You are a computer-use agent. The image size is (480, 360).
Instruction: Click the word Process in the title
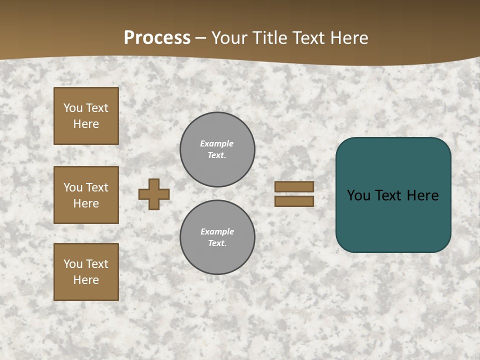click(x=157, y=37)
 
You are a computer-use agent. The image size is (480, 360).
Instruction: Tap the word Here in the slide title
click(x=348, y=37)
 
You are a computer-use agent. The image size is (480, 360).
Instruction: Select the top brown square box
click(x=86, y=116)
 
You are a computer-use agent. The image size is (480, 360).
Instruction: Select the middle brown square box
click(x=86, y=195)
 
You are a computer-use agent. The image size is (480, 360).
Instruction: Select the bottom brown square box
click(x=86, y=272)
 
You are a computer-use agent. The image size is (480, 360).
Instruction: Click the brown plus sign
click(x=154, y=194)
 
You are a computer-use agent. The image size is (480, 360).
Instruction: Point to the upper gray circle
click(x=217, y=149)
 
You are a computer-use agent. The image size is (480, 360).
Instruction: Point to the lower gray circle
click(x=217, y=237)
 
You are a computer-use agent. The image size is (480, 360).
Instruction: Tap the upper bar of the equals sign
click(x=294, y=186)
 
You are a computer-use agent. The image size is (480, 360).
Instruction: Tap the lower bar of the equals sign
click(x=294, y=201)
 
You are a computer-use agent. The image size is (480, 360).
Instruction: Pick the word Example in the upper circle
click(x=217, y=143)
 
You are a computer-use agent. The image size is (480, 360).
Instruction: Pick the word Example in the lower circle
click(x=217, y=231)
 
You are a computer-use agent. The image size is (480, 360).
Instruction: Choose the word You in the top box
click(x=73, y=108)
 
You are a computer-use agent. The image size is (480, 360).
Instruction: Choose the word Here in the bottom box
click(x=86, y=280)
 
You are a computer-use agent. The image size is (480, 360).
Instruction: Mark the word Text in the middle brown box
click(x=97, y=187)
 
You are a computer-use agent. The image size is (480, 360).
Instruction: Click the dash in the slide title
click(x=201, y=38)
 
